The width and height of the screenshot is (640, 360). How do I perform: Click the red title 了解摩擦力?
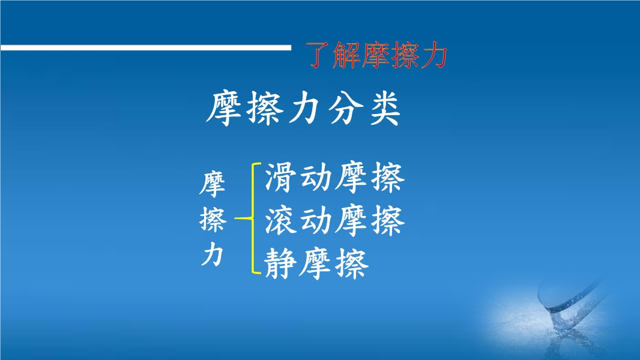click(378, 55)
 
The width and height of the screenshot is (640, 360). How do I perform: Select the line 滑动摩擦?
click(334, 178)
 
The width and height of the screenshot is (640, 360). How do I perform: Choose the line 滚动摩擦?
click(334, 221)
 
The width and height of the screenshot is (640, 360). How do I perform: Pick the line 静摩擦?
click(317, 263)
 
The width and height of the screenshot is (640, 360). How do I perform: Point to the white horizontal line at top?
click(146, 47)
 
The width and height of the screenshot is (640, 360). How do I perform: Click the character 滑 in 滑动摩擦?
click(280, 178)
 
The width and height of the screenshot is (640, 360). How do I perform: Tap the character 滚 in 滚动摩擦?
click(280, 221)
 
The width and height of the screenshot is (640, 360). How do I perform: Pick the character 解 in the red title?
click(346, 55)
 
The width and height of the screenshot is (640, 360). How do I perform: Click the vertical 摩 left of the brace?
click(213, 184)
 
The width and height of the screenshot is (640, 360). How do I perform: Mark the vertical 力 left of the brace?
click(213, 254)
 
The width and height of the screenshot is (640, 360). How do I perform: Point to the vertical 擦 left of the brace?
click(213, 220)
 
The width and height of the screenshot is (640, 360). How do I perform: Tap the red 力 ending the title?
click(435, 55)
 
